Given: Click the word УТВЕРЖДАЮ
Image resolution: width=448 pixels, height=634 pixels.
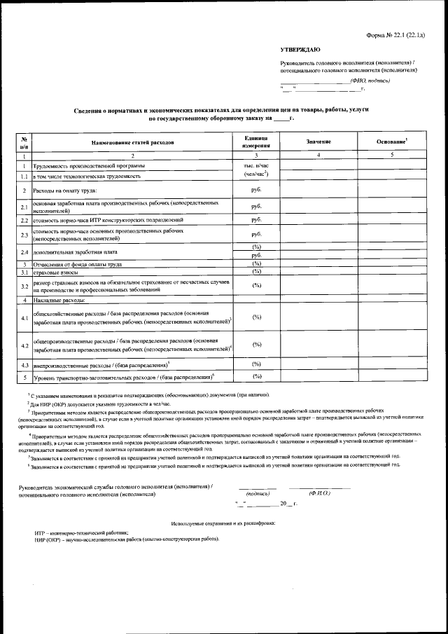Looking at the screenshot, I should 300,50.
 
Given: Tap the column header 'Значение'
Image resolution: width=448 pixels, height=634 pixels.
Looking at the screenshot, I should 318,142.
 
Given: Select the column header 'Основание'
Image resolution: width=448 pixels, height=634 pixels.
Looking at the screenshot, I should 391,142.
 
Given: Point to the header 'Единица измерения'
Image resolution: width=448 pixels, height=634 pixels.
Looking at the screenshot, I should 256,142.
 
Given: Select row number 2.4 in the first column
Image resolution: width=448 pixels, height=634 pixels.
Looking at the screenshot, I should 24,251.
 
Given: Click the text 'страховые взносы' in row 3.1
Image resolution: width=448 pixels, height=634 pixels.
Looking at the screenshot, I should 55,272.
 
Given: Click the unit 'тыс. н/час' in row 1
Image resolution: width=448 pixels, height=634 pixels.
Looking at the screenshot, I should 256,165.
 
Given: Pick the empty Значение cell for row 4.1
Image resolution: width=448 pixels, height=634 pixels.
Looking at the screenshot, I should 318,318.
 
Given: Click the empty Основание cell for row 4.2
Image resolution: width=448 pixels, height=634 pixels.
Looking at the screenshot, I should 391,345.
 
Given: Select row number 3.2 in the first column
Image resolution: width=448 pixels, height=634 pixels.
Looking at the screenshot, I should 24,286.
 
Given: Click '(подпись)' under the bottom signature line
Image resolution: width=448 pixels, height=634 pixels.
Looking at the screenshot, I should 257,493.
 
